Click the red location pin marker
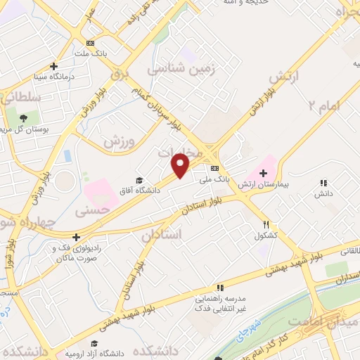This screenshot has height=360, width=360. (x=181, y=165)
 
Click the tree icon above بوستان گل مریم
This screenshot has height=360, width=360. (x=24, y=117)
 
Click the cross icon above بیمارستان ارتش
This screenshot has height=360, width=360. (x=264, y=173)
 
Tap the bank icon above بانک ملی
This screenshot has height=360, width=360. (x=214, y=168)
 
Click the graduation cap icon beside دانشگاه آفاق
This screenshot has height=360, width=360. (x=139, y=181)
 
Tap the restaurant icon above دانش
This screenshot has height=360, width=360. (x=323, y=182)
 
